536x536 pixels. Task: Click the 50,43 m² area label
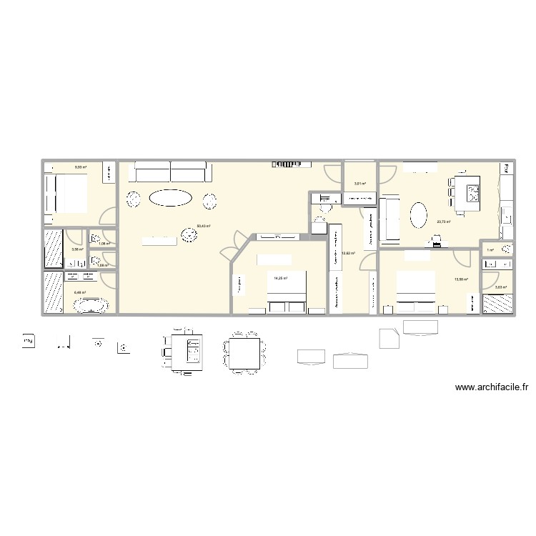[x=203, y=226]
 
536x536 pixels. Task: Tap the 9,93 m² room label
[x=80, y=168]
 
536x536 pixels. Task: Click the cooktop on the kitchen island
[x=475, y=192]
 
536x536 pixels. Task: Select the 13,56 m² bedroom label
[x=461, y=279]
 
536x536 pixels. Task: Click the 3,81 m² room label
[x=359, y=184]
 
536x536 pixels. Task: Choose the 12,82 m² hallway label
[x=349, y=253]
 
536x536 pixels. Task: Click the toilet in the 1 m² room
[x=506, y=249]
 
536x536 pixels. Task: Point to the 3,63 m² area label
[x=500, y=287]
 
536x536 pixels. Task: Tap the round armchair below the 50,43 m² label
[x=189, y=237]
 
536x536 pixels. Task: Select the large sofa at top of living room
[x=172, y=172]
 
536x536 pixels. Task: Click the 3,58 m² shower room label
[x=76, y=249]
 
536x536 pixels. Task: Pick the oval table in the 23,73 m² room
[x=419, y=214]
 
